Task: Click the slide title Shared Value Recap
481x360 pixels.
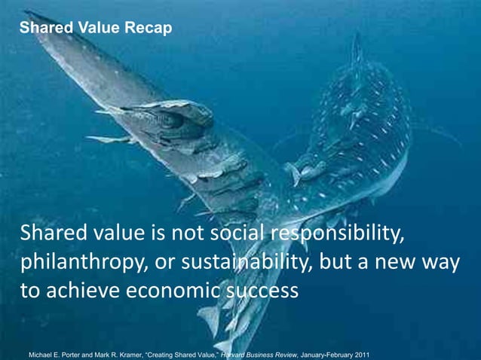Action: point(95,29)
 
